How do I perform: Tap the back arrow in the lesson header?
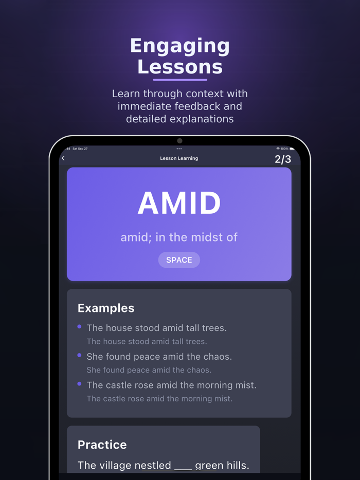pos(63,158)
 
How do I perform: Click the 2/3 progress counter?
pos(282,159)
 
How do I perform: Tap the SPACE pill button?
pos(179,260)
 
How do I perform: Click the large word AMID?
pos(179,203)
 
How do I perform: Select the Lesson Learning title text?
pos(179,158)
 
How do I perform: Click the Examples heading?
pos(106,308)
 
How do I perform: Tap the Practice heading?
pos(102,445)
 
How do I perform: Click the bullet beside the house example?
pos(79,326)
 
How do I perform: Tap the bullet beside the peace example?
pos(79,355)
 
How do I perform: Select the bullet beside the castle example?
pos(79,384)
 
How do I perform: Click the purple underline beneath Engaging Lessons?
pos(180,80)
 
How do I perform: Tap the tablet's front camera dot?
pos(179,141)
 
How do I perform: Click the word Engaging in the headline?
pos(180,46)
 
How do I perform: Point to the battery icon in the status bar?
pos(292,149)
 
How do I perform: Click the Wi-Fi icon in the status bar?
pos(278,149)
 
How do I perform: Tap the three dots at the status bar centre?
pos(179,149)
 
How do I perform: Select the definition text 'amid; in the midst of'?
pos(179,237)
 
